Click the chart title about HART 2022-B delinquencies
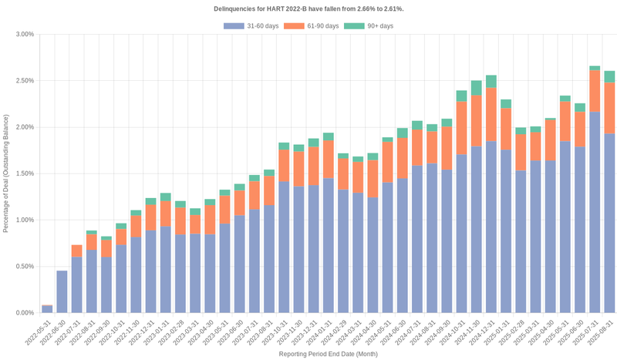point(308,8)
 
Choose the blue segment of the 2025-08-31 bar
point(609,224)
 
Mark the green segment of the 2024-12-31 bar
point(491,81)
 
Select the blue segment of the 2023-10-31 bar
point(284,247)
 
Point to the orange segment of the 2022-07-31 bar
point(76,251)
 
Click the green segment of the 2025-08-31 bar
point(609,76)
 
